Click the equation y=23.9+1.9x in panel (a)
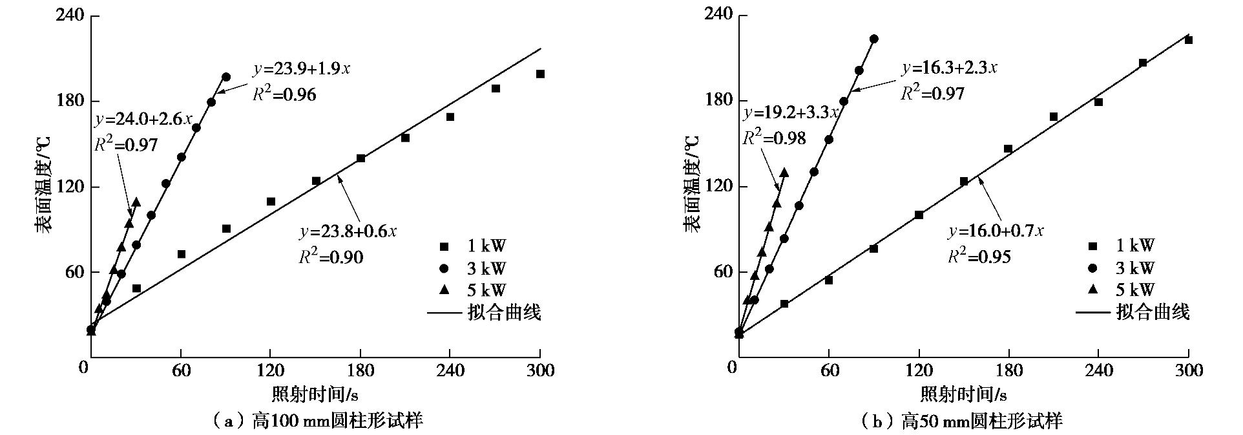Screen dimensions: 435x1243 click(302, 69)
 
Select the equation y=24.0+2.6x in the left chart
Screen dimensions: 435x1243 click(143, 119)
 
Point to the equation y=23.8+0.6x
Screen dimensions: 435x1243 click(348, 231)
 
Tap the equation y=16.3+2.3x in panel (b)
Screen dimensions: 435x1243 click(950, 68)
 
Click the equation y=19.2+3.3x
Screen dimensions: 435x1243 click(791, 112)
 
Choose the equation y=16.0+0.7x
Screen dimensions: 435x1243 click(996, 231)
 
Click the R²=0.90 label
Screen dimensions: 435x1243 click(331, 257)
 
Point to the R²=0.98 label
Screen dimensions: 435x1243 click(774, 137)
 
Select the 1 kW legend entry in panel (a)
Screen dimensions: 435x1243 click(474, 246)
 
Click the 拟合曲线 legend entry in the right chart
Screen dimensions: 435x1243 click(1133, 312)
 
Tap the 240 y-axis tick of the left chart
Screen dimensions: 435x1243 click(70, 15)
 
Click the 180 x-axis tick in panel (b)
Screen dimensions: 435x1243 click(1009, 370)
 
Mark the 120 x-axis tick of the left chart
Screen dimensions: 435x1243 click(271, 370)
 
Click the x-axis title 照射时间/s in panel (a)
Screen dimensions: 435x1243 click(315, 393)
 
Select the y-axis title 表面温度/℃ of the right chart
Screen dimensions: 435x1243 click(692, 184)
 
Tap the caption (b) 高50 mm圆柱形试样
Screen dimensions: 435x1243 click(963, 421)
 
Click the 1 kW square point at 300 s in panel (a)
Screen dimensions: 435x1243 click(540, 74)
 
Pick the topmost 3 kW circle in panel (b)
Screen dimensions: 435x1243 click(874, 39)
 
